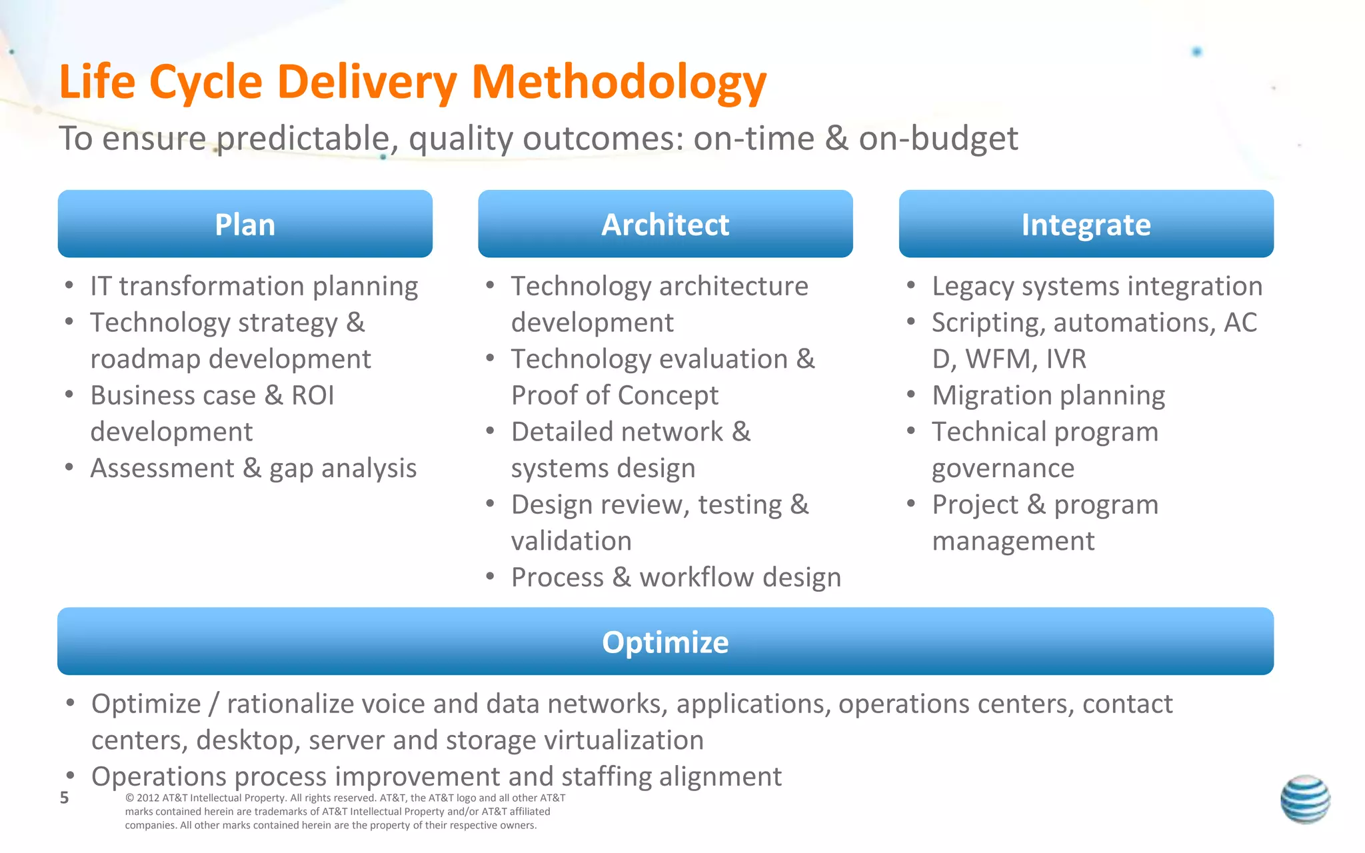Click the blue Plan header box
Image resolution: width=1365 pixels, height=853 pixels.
click(245, 224)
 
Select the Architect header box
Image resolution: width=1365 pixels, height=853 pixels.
click(665, 224)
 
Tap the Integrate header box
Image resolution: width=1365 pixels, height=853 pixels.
click(1086, 224)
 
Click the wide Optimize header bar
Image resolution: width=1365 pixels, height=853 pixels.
click(665, 641)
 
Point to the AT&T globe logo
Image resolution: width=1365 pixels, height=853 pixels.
click(1305, 799)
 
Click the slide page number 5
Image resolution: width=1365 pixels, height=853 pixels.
click(64, 798)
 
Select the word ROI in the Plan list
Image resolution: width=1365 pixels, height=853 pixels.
click(313, 395)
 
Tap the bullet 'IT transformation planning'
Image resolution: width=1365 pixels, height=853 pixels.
click(254, 286)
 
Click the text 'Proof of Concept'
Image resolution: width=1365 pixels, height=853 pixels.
click(615, 395)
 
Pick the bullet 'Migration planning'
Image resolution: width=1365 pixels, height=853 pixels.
click(1048, 395)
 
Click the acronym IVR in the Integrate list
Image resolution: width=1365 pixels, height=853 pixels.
click(1066, 359)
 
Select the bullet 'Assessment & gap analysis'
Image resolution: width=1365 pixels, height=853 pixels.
click(253, 468)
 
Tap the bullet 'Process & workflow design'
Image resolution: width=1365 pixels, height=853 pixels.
click(676, 577)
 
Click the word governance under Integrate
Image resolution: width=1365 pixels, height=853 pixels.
click(1003, 468)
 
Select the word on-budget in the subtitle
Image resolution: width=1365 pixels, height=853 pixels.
click(938, 139)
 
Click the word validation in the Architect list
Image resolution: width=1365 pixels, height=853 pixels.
click(571, 540)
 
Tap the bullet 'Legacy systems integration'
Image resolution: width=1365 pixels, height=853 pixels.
click(1097, 286)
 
